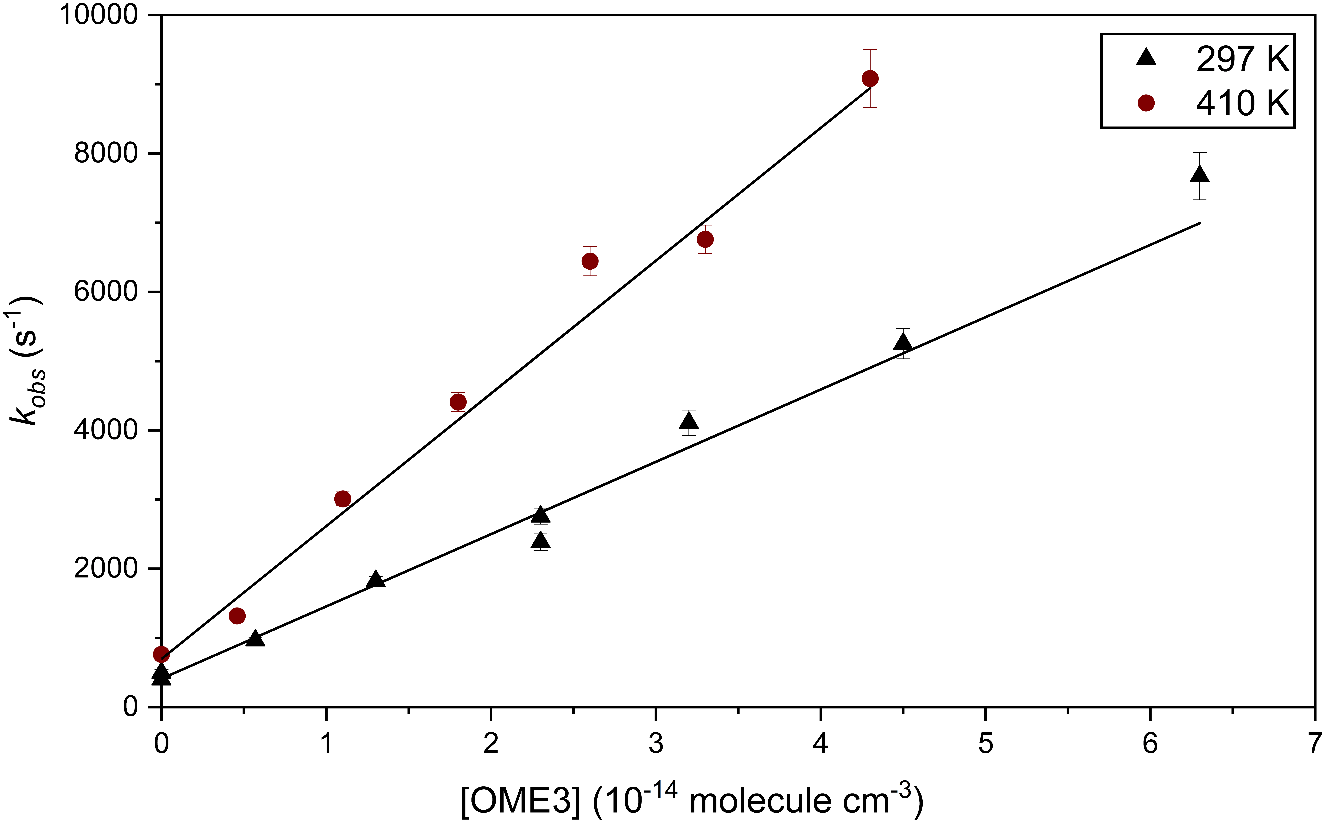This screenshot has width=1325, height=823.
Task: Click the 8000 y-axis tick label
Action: [106, 153]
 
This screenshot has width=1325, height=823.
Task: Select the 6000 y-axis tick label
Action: [106, 292]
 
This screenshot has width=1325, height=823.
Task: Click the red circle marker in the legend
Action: [1146, 103]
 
